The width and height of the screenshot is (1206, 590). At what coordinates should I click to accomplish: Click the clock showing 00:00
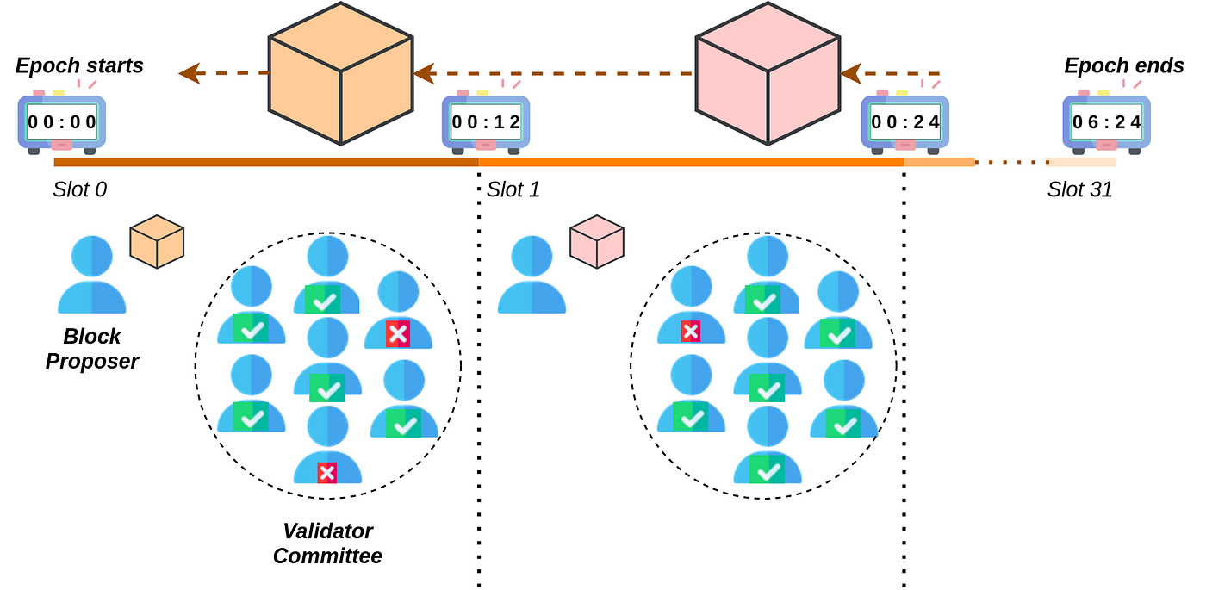click(x=62, y=122)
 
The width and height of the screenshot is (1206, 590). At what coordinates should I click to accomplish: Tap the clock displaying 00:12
click(x=486, y=122)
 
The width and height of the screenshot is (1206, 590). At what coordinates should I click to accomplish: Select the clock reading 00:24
click(x=905, y=122)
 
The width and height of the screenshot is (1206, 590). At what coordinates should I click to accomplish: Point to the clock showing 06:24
click(x=1106, y=122)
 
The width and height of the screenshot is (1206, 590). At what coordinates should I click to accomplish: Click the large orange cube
click(x=339, y=73)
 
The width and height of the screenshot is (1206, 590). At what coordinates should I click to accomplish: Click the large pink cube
click(x=767, y=73)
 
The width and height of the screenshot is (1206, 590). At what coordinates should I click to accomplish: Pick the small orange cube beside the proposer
click(x=157, y=240)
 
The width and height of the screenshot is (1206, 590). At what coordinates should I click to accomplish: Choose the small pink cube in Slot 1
click(x=596, y=240)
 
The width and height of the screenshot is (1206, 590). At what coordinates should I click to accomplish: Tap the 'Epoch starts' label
click(x=80, y=65)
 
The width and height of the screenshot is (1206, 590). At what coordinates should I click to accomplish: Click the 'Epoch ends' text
click(x=1123, y=65)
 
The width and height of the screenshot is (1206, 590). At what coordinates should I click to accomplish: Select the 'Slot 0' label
click(x=80, y=189)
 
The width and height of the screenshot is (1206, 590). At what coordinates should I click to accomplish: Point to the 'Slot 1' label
click(x=513, y=189)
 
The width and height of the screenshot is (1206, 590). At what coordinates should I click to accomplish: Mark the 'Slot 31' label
click(x=1079, y=189)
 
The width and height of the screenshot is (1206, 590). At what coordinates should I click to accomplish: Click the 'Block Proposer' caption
click(x=92, y=349)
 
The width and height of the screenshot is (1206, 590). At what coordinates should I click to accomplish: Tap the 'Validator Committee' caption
click(x=327, y=543)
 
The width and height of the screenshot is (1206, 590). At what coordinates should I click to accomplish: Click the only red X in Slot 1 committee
click(x=690, y=331)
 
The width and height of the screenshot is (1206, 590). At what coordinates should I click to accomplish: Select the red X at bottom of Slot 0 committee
click(x=326, y=472)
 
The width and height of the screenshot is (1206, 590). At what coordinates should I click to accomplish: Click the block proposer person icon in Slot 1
click(x=532, y=276)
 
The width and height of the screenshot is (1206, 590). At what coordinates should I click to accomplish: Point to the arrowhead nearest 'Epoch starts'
click(x=190, y=73)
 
